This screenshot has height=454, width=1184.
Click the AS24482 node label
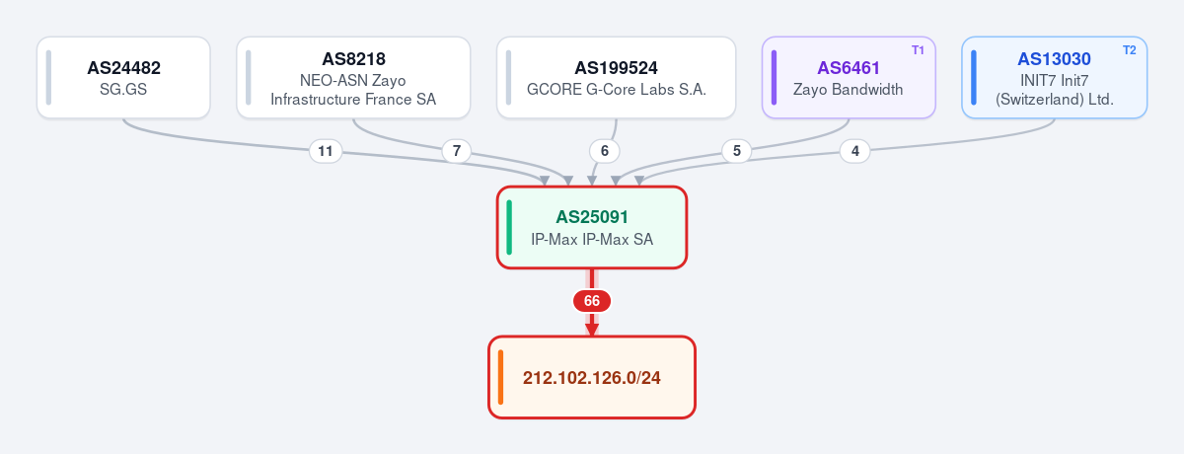(123, 68)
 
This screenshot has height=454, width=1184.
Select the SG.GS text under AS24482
(123, 90)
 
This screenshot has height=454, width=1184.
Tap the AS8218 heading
(353, 58)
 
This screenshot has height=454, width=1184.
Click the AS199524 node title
(617, 68)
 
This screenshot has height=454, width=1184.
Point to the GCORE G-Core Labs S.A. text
(617, 90)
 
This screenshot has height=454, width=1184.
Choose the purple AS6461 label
(849, 68)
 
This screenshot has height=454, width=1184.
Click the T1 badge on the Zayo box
(918, 50)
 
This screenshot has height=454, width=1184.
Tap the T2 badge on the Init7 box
(1129, 50)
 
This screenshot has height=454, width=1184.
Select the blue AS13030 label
(1054, 58)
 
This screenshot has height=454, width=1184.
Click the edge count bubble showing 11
(326, 151)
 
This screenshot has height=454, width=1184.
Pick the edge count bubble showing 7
(457, 151)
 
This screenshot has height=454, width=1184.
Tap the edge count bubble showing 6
(605, 151)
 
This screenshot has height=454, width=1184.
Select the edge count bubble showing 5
(737, 151)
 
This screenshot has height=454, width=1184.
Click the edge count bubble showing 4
(855, 151)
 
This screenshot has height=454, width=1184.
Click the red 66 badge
(592, 301)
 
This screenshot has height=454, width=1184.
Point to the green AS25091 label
(592, 217)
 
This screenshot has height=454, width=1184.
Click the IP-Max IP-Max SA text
(592, 240)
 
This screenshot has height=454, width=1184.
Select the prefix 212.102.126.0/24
(592, 378)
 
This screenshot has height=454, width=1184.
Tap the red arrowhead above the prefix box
(592, 330)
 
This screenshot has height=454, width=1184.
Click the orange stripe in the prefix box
(500, 377)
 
